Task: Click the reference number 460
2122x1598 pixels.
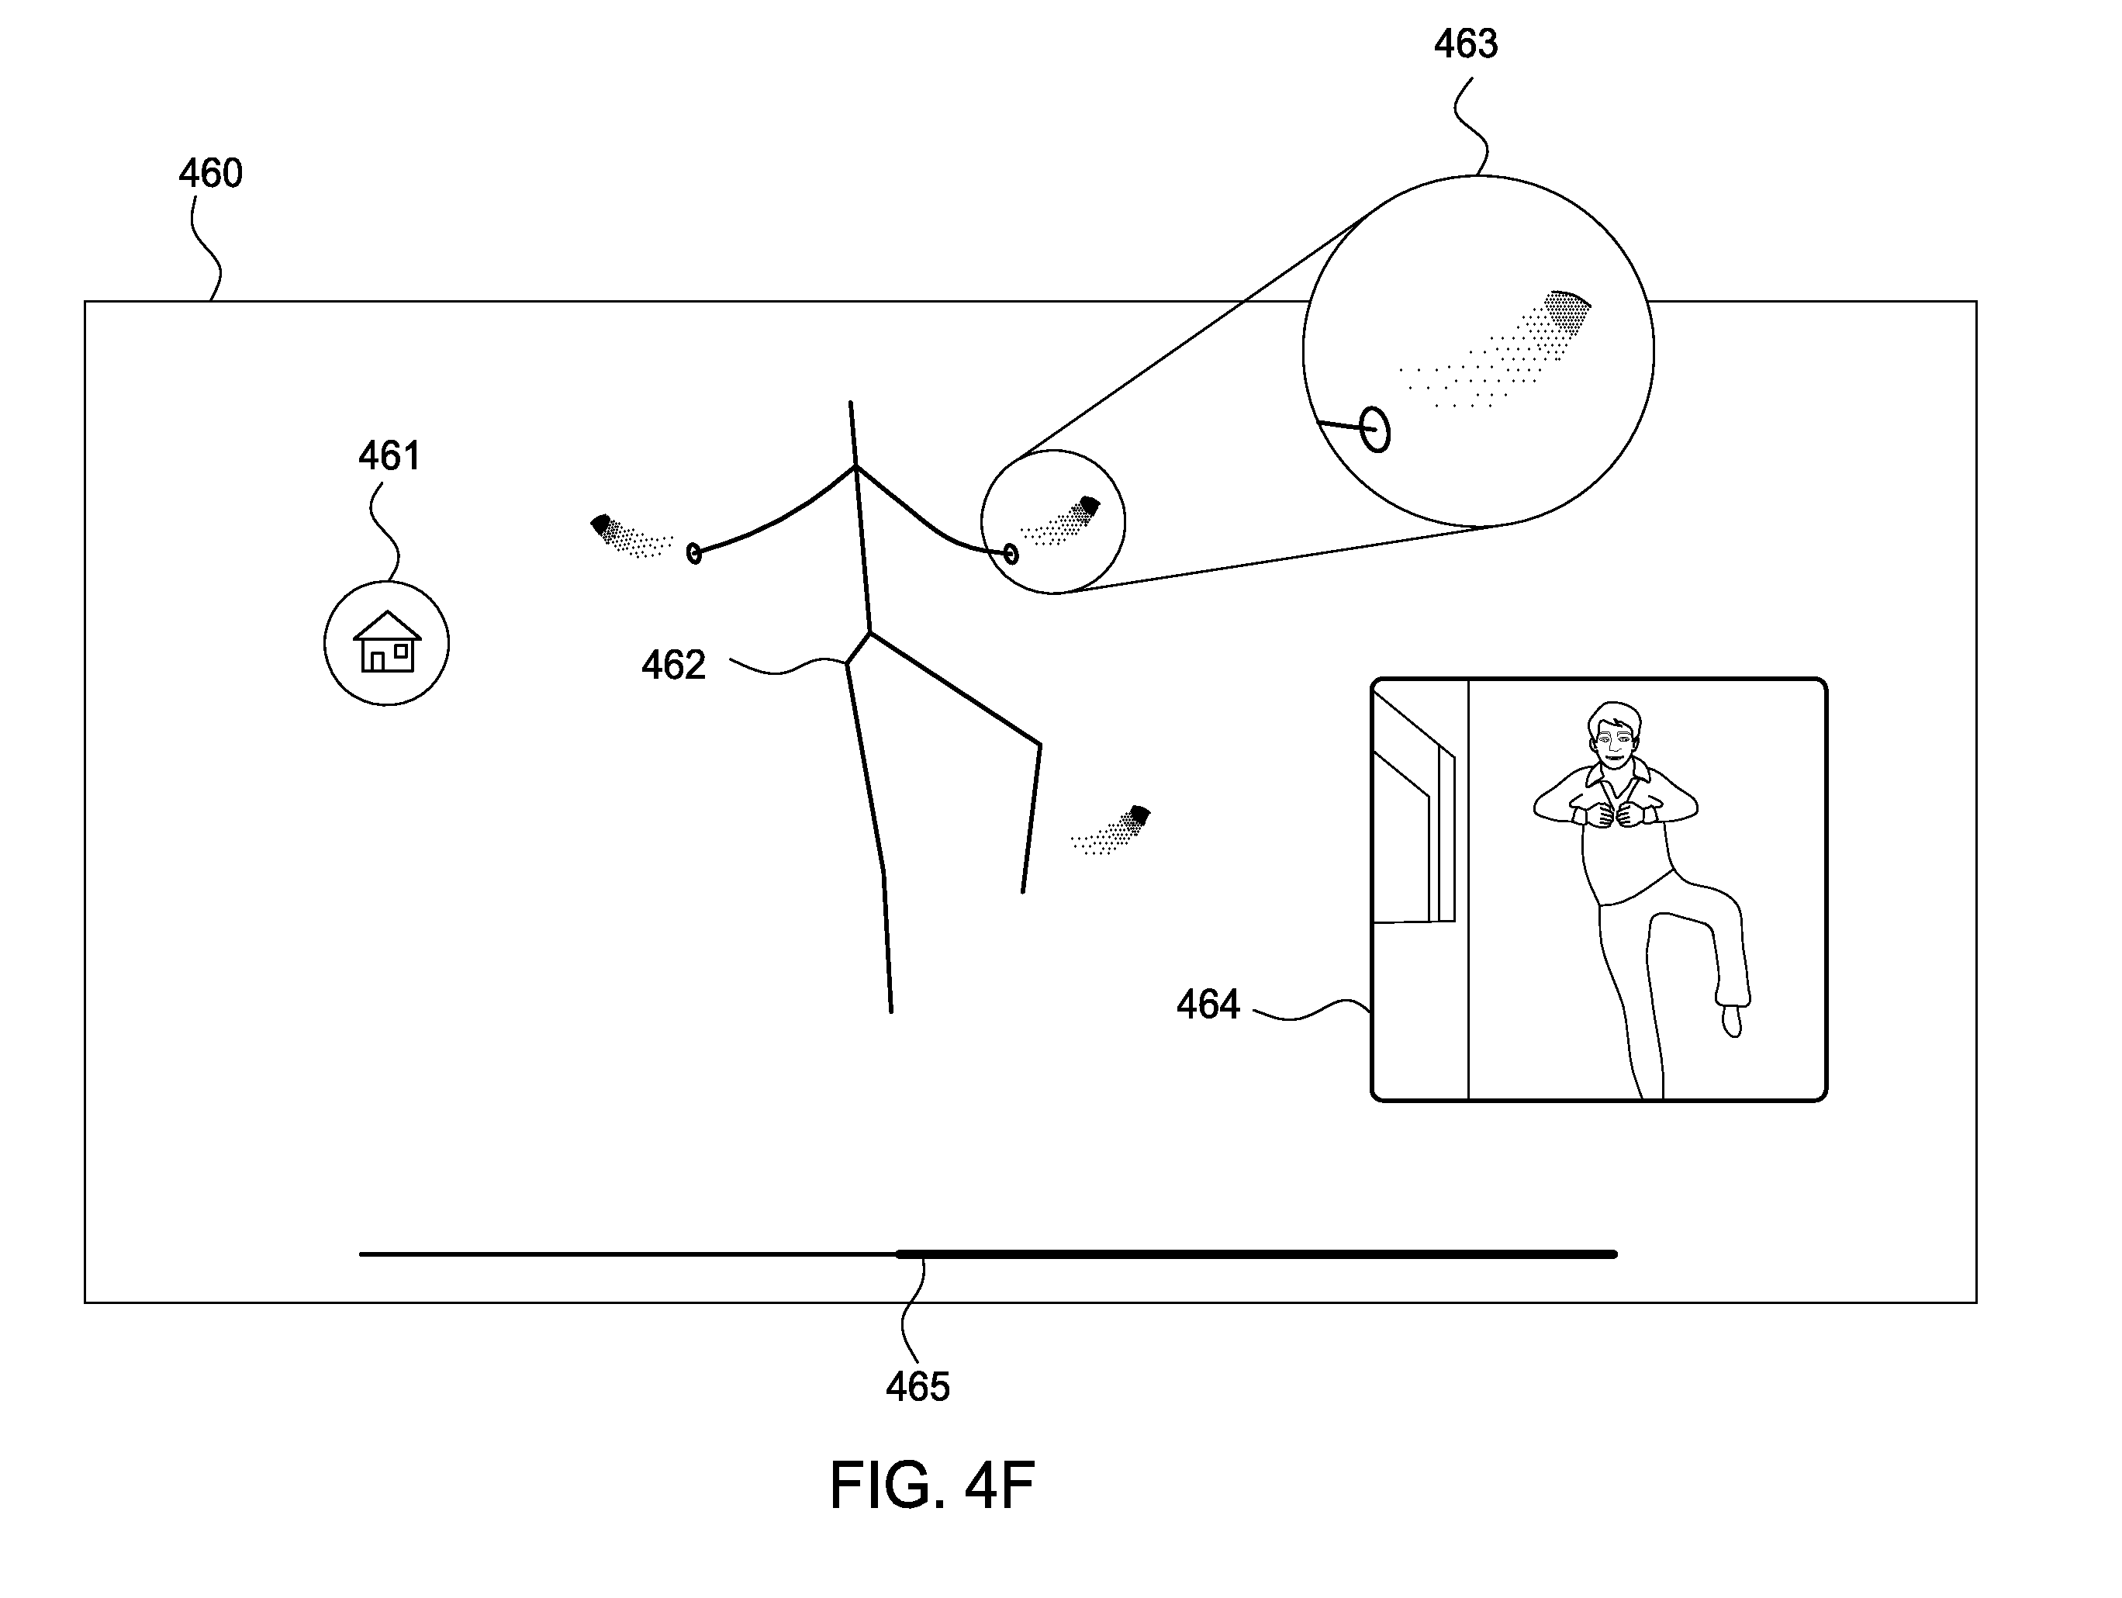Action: coord(210,174)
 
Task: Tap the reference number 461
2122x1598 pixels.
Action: coord(389,456)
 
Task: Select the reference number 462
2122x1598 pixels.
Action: coord(673,665)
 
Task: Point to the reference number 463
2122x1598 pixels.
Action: coord(1466,44)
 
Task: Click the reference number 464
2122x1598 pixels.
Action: coord(1208,1005)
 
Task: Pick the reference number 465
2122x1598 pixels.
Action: coord(918,1387)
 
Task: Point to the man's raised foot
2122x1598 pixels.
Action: coord(1733,1019)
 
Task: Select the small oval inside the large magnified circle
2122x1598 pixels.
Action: coord(1374,429)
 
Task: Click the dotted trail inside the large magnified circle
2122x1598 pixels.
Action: coord(1497,351)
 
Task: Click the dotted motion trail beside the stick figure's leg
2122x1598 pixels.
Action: coord(1111,830)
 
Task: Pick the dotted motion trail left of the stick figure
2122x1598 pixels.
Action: coord(631,535)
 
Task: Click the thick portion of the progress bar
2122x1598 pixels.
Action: coord(1256,1254)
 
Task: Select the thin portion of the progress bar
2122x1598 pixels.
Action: coord(627,1254)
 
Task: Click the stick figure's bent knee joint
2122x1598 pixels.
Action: coord(1040,744)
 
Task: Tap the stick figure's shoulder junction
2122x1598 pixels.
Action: coord(855,468)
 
